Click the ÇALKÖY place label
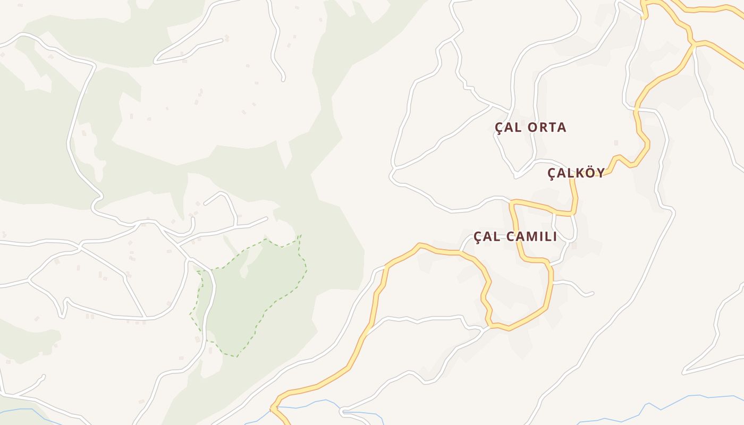pos(576,173)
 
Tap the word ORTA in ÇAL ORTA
pos(547,127)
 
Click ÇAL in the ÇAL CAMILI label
pos(487,237)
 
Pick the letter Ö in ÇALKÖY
pos(585,172)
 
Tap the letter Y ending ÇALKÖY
pos(599,173)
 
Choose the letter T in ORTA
pos(552,127)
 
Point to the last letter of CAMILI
pos(555,237)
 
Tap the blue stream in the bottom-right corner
pos(691,397)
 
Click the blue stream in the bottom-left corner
pos(21,410)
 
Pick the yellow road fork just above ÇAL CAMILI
pos(511,202)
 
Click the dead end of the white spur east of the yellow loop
pos(592,293)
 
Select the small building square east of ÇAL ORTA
pos(616,142)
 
